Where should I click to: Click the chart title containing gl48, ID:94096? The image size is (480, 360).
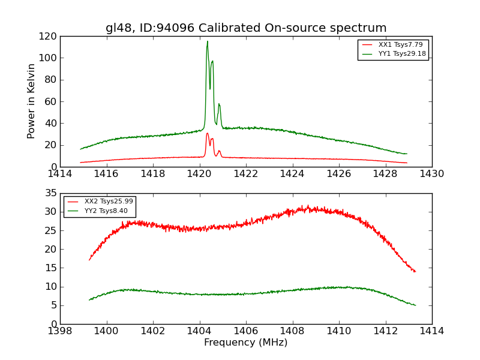coord(246,28)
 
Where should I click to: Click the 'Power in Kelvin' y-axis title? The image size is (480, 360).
coord(32,101)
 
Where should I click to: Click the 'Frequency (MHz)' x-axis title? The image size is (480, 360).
coord(245,343)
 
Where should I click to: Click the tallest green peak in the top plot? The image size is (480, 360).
coord(208,41)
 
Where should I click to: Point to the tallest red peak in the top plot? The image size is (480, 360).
coord(207,133)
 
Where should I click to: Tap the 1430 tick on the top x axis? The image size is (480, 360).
coord(432,174)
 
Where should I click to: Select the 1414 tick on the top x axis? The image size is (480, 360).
coord(60,174)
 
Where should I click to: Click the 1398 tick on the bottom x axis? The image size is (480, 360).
coord(60,331)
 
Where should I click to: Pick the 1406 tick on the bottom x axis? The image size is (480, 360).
coord(246,331)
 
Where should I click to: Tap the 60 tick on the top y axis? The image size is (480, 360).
coord(51,101)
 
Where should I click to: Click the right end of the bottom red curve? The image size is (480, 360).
coord(415,272)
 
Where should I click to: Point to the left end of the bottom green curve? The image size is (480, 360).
coord(89,300)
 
